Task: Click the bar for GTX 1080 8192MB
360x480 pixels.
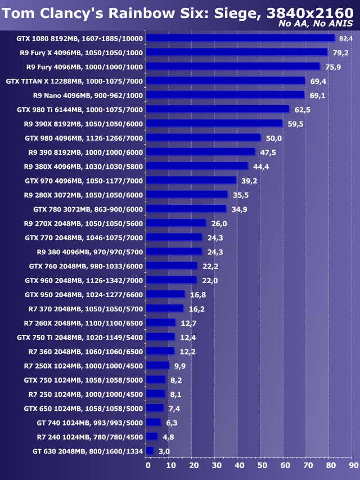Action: click(x=240, y=38)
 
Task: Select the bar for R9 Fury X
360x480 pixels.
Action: click(x=236, y=52)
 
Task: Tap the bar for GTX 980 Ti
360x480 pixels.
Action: click(x=218, y=109)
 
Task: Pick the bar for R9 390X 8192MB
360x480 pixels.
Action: click(x=214, y=123)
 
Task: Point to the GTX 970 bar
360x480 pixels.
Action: click(x=191, y=180)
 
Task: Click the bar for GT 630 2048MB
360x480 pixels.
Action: click(x=150, y=451)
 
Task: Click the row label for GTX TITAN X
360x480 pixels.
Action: click(x=74, y=81)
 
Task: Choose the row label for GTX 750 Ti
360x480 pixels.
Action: click(x=80, y=337)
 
